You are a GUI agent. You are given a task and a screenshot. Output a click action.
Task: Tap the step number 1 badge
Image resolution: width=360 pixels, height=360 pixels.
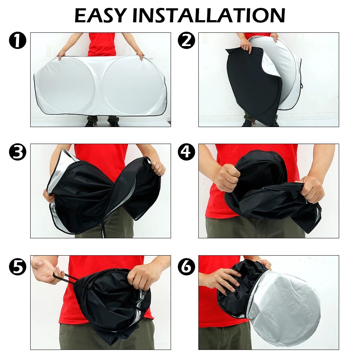[18, 40]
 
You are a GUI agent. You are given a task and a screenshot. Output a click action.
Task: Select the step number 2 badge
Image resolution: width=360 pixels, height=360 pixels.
[186, 40]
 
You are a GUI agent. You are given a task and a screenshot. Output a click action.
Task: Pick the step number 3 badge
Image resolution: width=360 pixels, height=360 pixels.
[18, 152]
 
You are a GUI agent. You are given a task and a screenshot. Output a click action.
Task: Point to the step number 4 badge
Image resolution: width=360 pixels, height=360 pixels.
[186, 152]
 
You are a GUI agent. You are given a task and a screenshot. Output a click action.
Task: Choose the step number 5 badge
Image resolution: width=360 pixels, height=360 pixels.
[18, 266]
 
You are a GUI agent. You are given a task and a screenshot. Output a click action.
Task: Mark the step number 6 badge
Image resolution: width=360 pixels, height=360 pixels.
[186, 266]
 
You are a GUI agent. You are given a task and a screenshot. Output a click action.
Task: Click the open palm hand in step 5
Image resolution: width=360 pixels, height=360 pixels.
[45, 270]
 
